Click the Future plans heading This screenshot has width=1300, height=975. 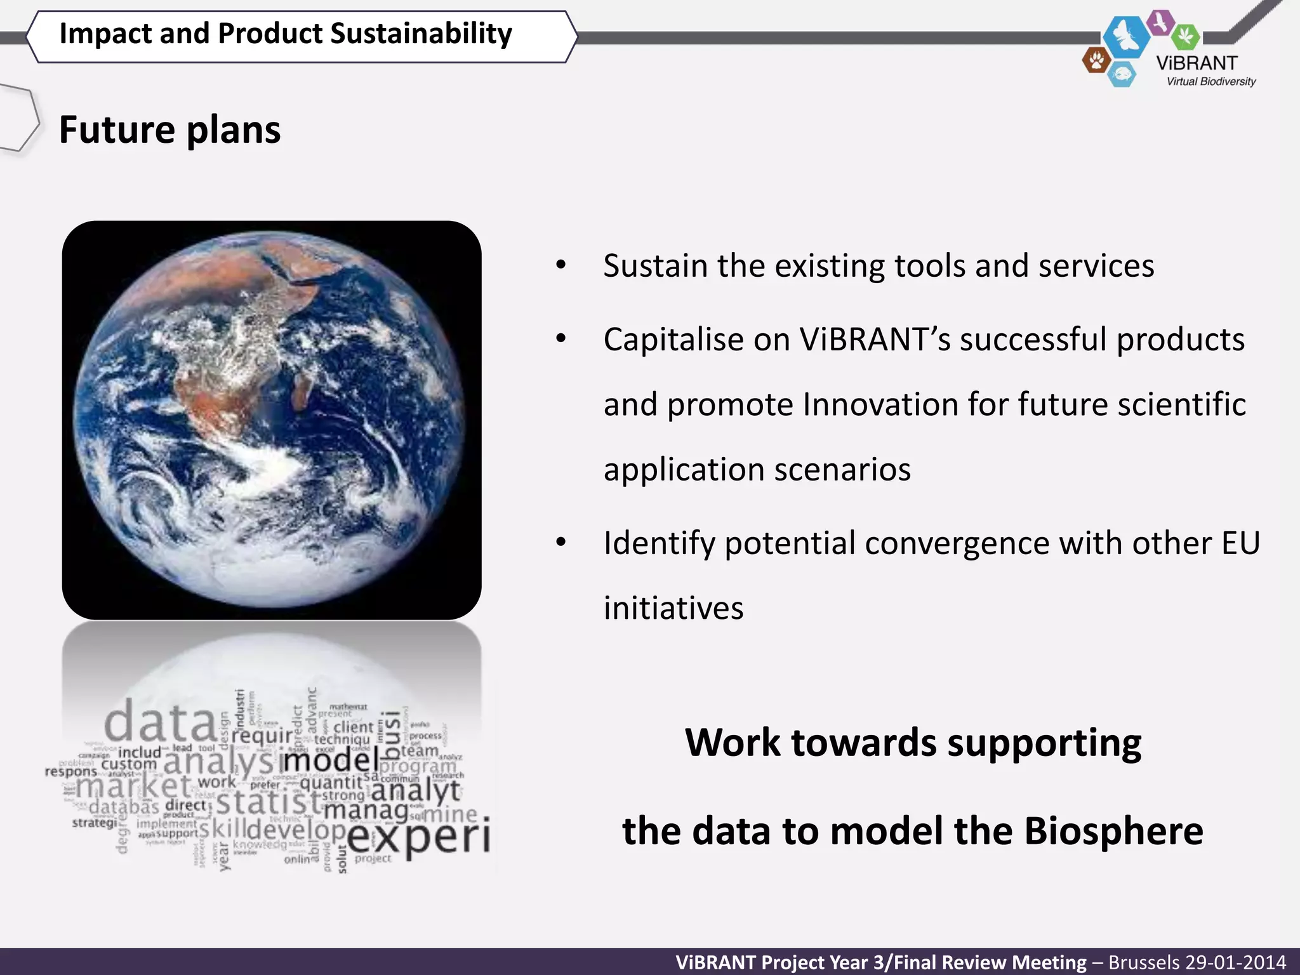click(169, 130)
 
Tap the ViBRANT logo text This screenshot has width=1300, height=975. click(1197, 63)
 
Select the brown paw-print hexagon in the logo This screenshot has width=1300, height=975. click(1096, 61)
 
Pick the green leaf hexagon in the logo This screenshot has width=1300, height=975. click(1185, 36)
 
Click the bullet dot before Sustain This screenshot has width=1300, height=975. click(560, 265)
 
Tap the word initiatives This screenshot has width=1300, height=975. click(673, 608)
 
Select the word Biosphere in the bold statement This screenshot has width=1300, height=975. click(1113, 831)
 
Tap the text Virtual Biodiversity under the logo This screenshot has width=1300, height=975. click(1210, 82)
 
